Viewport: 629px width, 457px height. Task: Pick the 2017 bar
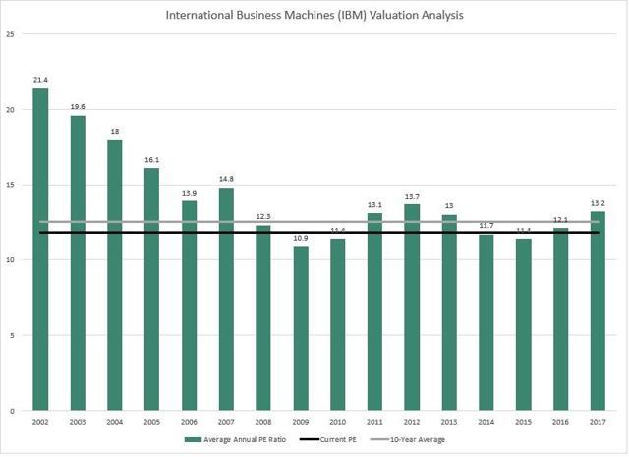[598, 311]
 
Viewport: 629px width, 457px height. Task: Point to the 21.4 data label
[40, 77]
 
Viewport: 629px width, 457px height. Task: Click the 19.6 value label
[78, 104]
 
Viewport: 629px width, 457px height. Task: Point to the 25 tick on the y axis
[10, 34]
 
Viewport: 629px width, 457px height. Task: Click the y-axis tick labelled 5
[12, 335]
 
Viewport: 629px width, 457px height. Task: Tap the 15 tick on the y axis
[10, 185]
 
